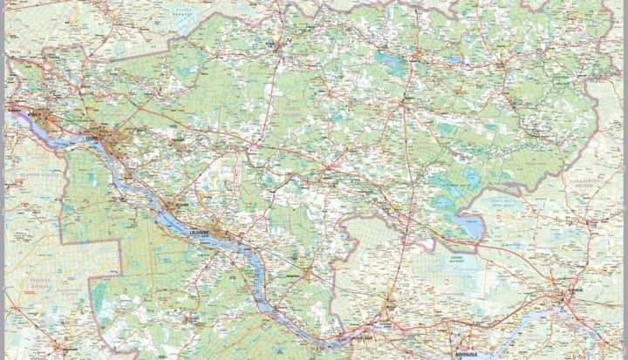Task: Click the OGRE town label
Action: coord(91,134)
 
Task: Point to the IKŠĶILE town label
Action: coord(35,113)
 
